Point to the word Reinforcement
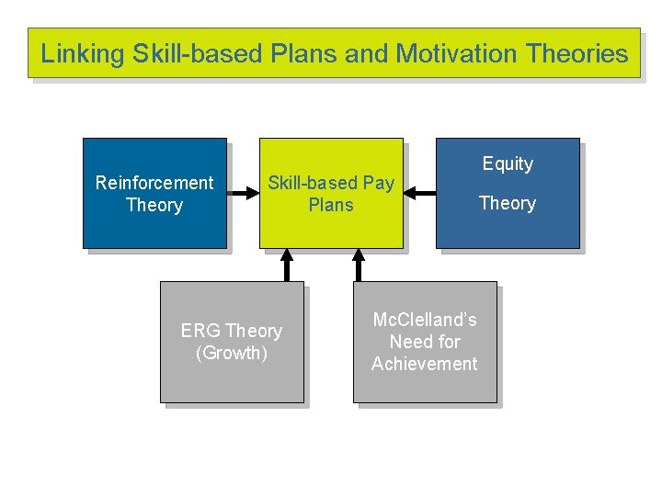click(x=154, y=183)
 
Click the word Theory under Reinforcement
click(x=154, y=205)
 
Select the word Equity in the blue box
click(x=508, y=163)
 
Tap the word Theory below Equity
click(x=508, y=203)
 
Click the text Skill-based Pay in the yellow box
click(x=331, y=183)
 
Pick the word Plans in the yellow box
click(x=331, y=205)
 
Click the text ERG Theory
click(x=232, y=331)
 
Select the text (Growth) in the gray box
click(x=232, y=353)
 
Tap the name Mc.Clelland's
click(x=425, y=320)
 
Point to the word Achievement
click(x=425, y=364)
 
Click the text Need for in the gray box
click(x=425, y=342)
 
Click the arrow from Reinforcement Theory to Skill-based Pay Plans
click(x=243, y=193)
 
